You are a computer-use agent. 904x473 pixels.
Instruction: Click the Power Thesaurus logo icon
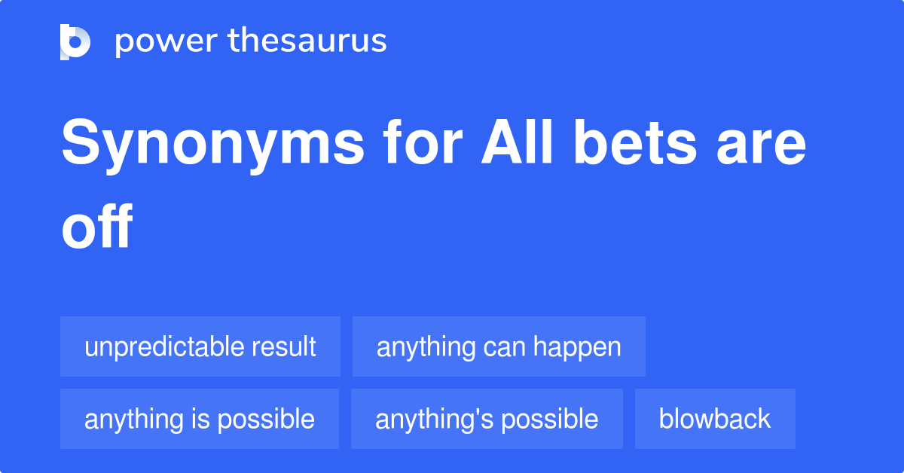[x=75, y=41]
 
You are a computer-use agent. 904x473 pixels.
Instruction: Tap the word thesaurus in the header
[x=307, y=41]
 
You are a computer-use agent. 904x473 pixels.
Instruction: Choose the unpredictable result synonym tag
[x=200, y=346]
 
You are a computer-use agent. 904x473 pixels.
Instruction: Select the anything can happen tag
[x=499, y=346]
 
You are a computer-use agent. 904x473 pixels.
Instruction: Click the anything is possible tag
[x=200, y=419]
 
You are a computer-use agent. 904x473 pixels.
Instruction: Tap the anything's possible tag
[x=487, y=419]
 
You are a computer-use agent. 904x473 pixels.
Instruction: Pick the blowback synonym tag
[x=715, y=419]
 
